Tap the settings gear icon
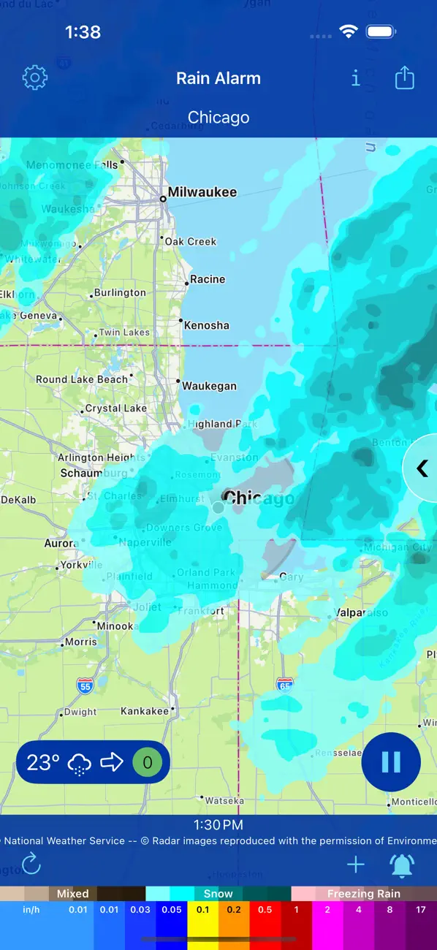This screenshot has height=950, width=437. (35, 77)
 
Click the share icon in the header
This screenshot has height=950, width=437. (404, 77)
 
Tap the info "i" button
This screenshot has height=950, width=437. (356, 77)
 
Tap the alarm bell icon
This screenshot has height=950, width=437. (402, 865)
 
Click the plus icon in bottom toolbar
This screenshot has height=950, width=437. (356, 865)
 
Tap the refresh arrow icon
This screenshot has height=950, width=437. (31, 865)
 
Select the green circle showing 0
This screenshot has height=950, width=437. (148, 763)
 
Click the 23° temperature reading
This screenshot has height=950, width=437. (43, 763)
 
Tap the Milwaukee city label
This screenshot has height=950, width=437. (202, 193)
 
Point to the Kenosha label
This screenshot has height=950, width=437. (206, 325)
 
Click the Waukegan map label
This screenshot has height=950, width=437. (209, 386)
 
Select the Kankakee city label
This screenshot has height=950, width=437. (145, 710)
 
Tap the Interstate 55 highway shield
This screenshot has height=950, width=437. (85, 685)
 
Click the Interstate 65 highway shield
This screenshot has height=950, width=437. (285, 685)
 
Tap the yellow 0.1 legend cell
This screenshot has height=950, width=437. (202, 924)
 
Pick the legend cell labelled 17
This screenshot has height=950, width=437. (421, 924)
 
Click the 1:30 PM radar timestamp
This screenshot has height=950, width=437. (218, 825)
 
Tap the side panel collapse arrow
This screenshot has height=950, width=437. (422, 468)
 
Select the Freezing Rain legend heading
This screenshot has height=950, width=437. (363, 894)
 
